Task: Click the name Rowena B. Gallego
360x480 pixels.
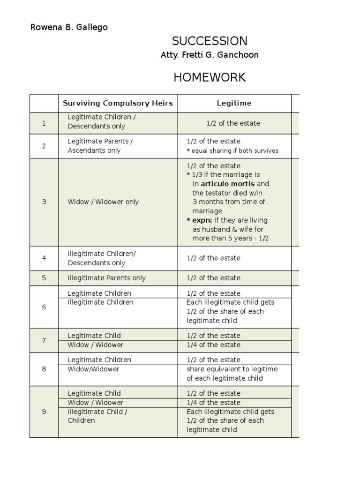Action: tap(69, 27)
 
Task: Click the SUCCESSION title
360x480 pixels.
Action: tap(210, 41)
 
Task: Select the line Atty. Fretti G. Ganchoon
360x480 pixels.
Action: tap(210, 55)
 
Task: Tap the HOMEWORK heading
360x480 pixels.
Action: tap(210, 77)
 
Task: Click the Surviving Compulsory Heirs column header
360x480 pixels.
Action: tap(118, 103)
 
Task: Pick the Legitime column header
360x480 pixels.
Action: tap(233, 103)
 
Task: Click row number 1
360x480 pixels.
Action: tap(44, 123)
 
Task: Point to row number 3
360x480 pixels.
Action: tap(44, 202)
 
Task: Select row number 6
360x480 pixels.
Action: tap(44, 307)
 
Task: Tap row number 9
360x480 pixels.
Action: tap(44, 412)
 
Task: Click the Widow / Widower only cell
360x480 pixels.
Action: tap(103, 202)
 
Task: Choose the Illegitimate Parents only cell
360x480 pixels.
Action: tap(106, 278)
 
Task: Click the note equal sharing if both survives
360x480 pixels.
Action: tap(235, 151)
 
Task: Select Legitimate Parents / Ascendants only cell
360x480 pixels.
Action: tap(100, 146)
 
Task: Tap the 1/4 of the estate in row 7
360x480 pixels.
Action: tap(213, 345)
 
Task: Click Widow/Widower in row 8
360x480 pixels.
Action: tap(93, 369)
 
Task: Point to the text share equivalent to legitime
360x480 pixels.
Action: tap(232, 369)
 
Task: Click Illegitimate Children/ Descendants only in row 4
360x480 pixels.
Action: tap(102, 258)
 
